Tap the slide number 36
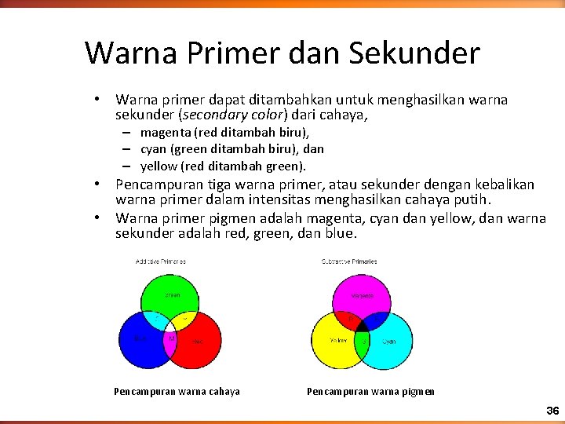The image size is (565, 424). pyautogui.click(x=552, y=411)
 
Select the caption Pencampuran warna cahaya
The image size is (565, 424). pyautogui.click(x=177, y=391)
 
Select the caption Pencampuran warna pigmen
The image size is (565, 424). pyautogui.click(x=370, y=391)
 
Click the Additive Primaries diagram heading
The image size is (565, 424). pyautogui.click(x=160, y=261)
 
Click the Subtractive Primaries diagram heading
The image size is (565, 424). pyautogui.click(x=349, y=261)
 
